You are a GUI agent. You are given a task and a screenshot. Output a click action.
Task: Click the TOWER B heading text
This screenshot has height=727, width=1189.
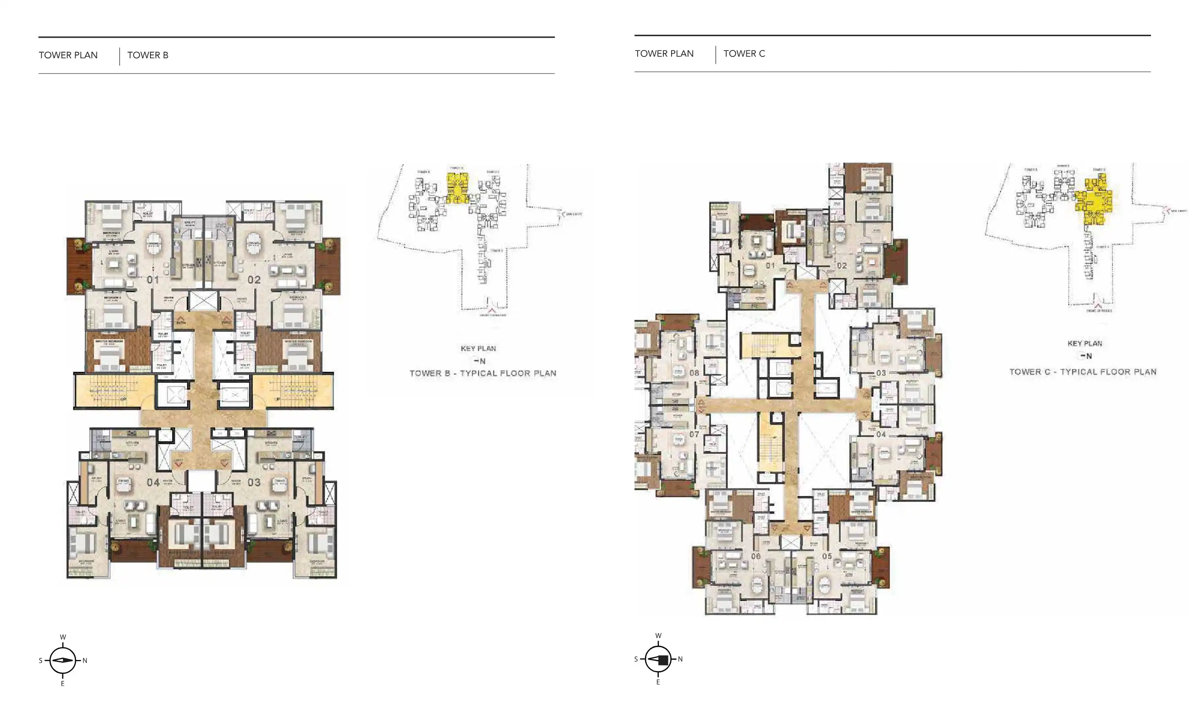[148, 55]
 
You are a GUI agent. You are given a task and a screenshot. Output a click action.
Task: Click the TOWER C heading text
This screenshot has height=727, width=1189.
[744, 54]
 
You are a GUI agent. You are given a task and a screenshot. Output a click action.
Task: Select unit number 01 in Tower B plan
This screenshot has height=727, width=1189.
[153, 280]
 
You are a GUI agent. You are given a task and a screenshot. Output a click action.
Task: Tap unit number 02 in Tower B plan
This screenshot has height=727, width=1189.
[254, 280]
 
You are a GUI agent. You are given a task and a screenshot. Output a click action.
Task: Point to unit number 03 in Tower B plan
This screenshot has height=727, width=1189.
[254, 482]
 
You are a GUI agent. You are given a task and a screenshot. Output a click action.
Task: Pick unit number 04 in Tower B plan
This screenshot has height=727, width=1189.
[153, 482]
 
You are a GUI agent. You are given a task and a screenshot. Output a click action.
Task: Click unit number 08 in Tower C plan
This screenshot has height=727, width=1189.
[694, 373]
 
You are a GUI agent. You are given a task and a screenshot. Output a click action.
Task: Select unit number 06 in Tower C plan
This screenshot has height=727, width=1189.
[756, 556]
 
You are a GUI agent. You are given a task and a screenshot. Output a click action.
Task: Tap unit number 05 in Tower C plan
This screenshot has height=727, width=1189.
[827, 556]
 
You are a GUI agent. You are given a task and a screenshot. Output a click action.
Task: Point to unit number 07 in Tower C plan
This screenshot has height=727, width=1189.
[694, 434]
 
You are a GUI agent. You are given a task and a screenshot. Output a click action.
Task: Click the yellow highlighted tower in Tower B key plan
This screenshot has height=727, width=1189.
[457, 189]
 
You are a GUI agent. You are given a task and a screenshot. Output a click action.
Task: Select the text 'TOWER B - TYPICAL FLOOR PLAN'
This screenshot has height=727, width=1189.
[483, 373]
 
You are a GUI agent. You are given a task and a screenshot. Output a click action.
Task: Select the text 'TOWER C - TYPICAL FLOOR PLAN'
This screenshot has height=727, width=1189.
[1083, 372]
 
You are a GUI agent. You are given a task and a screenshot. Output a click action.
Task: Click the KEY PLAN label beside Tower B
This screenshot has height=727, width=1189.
[478, 348]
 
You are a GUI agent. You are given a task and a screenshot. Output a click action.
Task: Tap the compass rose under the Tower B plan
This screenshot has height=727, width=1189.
[63, 660]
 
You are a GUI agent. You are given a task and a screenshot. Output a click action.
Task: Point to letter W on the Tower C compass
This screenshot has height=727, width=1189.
[658, 636]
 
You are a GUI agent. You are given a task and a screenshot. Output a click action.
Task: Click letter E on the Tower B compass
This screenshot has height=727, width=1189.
[63, 683]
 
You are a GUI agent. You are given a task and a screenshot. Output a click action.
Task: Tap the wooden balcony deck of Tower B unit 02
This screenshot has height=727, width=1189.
[328, 266]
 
